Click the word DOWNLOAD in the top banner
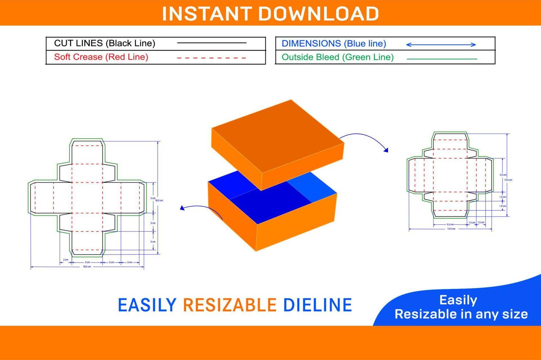coord(318,14)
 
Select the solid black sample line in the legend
coord(212,43)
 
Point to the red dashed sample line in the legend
coord(212,58)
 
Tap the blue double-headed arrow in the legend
coord(441,44)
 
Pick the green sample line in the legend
coord(442,59)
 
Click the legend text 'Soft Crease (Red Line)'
coord(101,57)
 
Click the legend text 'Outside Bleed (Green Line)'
coord(337,57)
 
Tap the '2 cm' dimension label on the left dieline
coord(65,260)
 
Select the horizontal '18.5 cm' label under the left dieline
coord(87,267)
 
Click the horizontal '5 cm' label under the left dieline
coord(87,262)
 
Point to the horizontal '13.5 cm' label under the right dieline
coord(451,229)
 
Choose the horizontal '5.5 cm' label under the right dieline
coord(450,224)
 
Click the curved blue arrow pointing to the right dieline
coord(364,140)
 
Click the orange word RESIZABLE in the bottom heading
coord(229,305)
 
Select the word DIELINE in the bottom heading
coord(317,305)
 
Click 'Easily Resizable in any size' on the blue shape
coord(461,307)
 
